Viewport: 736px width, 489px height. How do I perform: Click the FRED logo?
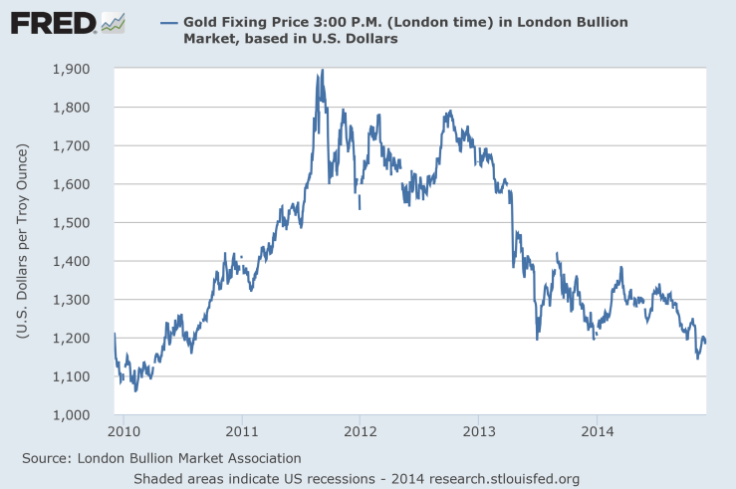click(53, 22)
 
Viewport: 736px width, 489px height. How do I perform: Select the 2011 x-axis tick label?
click(242, 433)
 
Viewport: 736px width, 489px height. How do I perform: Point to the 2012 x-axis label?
click(360, 433)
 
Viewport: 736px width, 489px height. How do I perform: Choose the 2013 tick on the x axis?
click(478, 433)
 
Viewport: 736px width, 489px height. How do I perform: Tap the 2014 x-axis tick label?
click(596, 433)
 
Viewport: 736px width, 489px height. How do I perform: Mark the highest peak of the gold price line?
click(322, 71)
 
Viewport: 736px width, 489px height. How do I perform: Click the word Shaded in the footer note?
click(159, 478)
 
